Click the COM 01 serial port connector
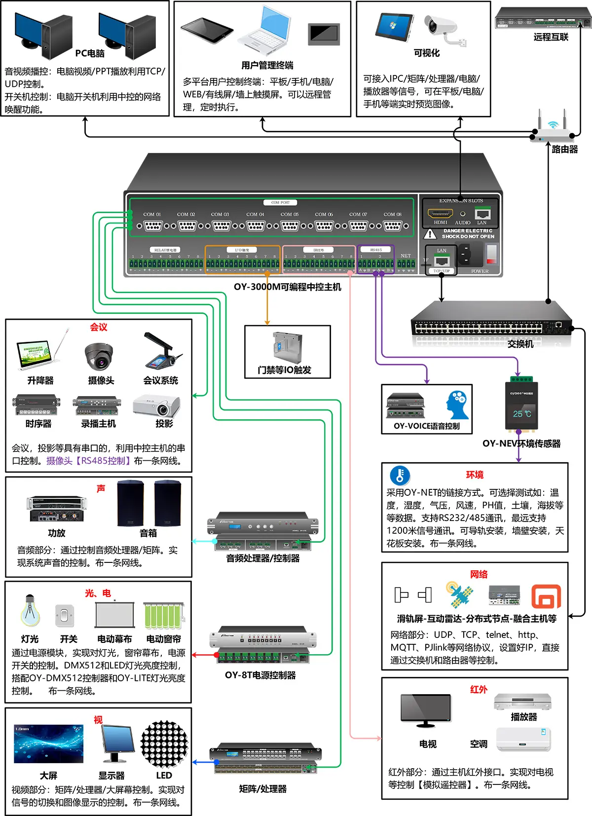tap(152, 225)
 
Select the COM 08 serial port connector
tap(393, 225)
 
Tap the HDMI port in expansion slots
tap(440, 214)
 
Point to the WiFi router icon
tap(552, 129)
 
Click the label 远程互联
tap(551, 37)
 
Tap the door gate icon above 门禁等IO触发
tap(287, 347)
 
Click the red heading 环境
tap(475, 475)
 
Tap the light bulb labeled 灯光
tap(30, 610)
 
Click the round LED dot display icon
tap(164, 744)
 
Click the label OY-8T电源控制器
tap(260, 675)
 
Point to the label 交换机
tap(520, 344)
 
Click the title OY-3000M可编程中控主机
tap(287, 287)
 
